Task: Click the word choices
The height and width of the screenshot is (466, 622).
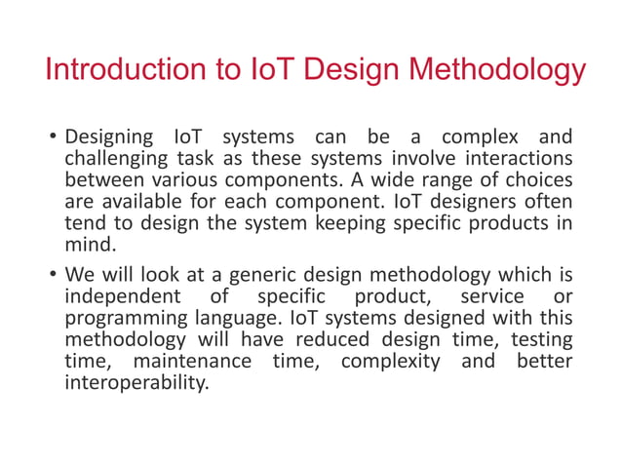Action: [x=537, y=181]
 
